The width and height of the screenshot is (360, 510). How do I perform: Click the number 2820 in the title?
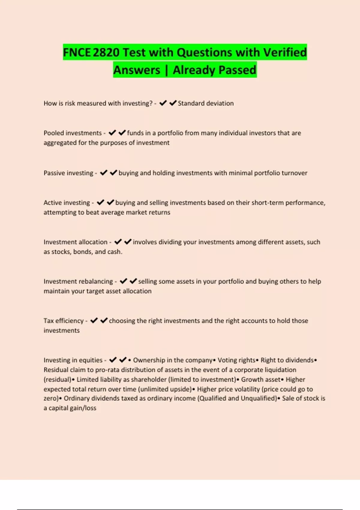(x=106, y=52)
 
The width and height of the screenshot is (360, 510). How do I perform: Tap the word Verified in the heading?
(x=285, y=52)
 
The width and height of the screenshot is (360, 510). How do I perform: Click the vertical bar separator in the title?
(x=166, y=70)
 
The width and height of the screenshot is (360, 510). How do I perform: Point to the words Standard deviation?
(x=205, y=103)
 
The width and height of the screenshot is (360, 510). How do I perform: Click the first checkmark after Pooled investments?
(x=112, y=133)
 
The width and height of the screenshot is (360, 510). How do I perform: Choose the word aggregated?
(x=60, y=143)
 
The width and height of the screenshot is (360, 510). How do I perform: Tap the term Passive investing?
(x=68, y=173)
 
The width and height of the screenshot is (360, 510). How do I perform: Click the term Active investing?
(x=67, y=203)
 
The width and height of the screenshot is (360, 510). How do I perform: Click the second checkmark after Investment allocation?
(x=128, y=242)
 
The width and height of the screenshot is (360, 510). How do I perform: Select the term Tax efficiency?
(x=64, y=321)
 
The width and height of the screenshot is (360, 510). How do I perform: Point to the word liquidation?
(x=278, y=370)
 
